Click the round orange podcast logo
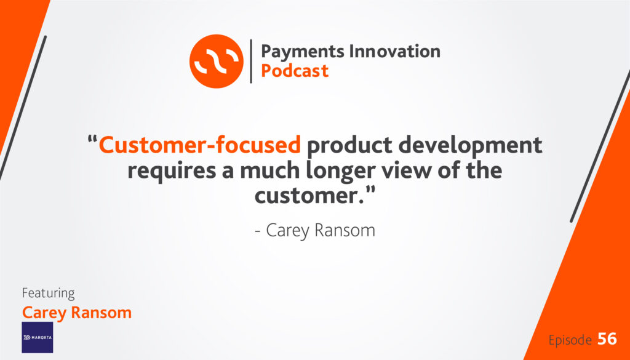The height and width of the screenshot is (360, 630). click(x=216, y=61)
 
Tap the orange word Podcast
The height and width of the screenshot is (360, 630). click(x=295, y=71)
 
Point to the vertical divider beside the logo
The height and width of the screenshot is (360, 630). click(x=251, y=61)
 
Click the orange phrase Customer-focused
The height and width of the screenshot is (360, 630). click(x=200, y=145)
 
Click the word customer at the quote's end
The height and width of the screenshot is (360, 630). click(x=307, y=196)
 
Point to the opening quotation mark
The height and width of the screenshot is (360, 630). click(x=92, y=141)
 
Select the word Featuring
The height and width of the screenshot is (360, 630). click(x=48, y=294)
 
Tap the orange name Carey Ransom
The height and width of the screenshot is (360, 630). click(x=77, y=313)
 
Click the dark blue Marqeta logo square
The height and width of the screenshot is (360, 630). click(x=38, y=337)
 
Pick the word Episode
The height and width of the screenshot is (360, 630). click(x=570, y=340)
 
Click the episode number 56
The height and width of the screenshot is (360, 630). click(x=607, y=339)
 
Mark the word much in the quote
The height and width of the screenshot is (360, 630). click(x=269, y=170)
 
